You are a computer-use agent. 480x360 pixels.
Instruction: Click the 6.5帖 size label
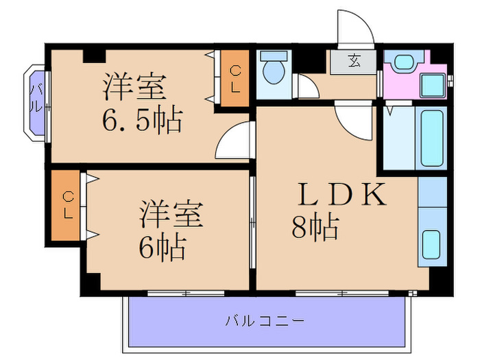click(x=143, y=122)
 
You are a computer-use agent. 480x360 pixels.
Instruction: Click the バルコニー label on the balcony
click(x=264, y=320)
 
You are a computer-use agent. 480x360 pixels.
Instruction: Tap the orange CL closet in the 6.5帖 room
click(x=235, y=80)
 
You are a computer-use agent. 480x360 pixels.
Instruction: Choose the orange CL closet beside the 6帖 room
click(x=67, y=204)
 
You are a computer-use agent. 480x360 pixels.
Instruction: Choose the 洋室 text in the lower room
click(x=172, y=215)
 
